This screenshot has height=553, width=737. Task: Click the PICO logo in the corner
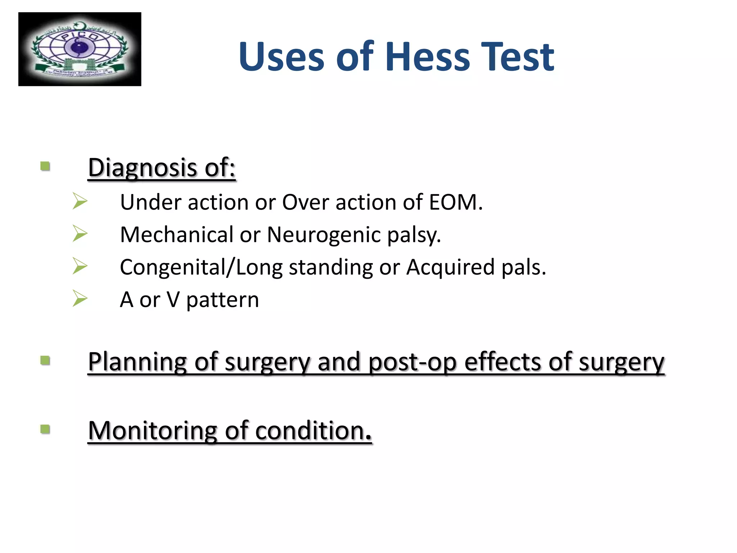(80, 49)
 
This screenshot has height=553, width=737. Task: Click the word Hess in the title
(428, 57)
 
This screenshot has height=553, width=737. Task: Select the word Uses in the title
(281, 57)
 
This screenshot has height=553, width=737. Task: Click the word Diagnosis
(143, 168)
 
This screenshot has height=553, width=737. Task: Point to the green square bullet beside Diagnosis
(45, 166)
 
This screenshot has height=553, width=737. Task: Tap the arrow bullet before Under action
(80, 201)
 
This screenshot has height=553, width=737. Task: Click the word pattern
(222, 300)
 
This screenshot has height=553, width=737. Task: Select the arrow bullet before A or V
(80, 298)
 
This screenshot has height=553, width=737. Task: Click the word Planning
(137, 362)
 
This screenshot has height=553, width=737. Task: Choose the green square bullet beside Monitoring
(45, 429)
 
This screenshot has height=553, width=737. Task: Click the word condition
(313, 431)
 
